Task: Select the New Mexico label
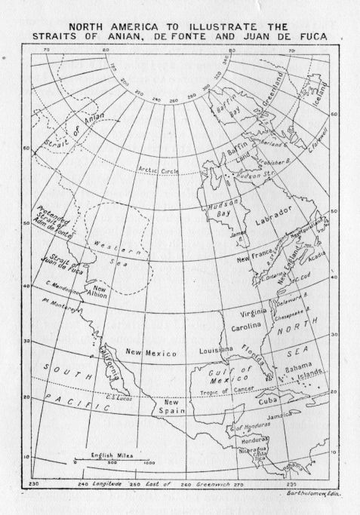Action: pyautogui.click(x=151, y=353)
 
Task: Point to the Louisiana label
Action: pyautogui.click(x=215, y=351)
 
